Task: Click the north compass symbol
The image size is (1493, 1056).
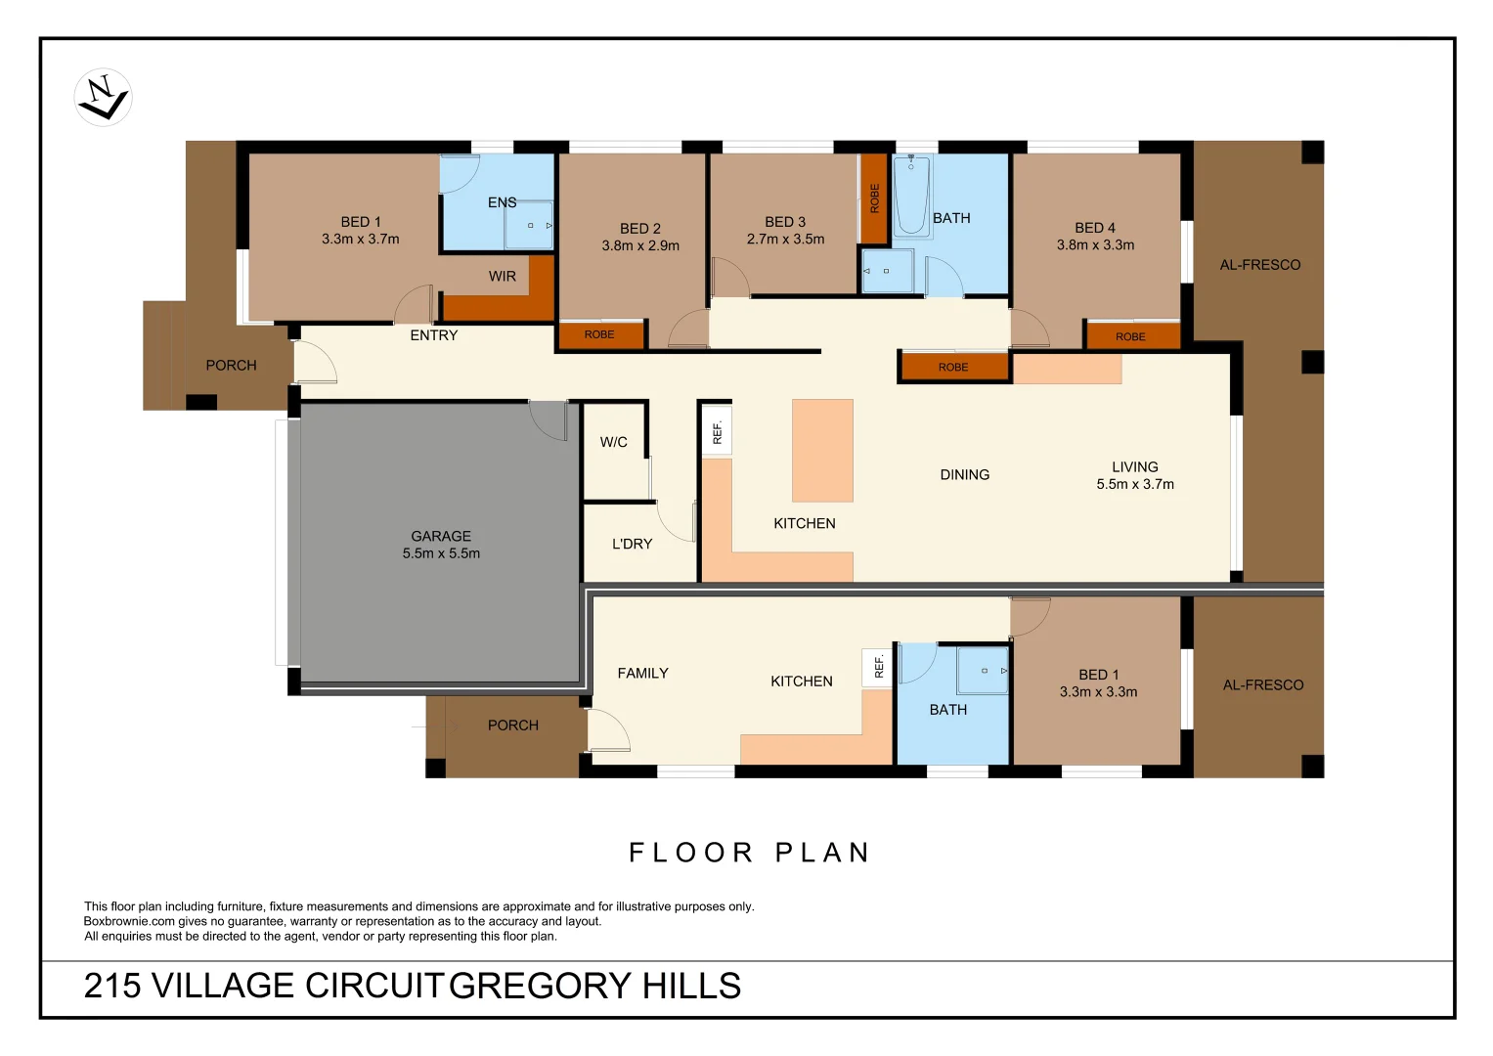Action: (103, 98)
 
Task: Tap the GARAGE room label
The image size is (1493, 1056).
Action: (441, 536)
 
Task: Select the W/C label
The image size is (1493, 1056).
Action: (614, 442)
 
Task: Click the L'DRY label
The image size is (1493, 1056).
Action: (632, 544)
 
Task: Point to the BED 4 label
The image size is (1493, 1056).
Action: (1095, 228)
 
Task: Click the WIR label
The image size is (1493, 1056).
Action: (503, 277)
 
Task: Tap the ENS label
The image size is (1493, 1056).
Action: (502, 202)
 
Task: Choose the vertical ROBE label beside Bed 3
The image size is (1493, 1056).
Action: (874, 198)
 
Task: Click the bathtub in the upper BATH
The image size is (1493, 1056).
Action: (912, 196)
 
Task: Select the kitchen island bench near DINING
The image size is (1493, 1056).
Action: (822, 450)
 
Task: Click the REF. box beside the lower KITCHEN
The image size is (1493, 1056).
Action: (878, 666)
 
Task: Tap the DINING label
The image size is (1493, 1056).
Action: (965, 475)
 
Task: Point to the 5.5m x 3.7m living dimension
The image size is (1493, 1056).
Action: (1135, 484)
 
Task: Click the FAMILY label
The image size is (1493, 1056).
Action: (642, 674)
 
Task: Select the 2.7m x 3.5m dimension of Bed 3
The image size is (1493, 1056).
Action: (785, 239)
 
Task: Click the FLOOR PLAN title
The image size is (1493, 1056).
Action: (749, 853)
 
